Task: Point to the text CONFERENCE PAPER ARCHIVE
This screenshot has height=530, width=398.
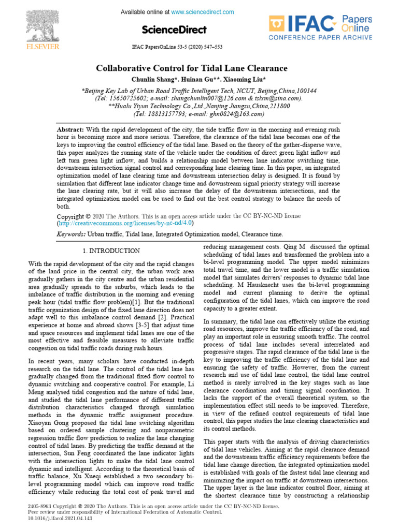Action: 320,37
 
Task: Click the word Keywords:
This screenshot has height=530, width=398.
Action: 71,234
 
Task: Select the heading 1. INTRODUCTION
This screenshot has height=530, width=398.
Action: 111,251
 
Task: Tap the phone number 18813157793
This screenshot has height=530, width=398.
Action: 162,113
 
